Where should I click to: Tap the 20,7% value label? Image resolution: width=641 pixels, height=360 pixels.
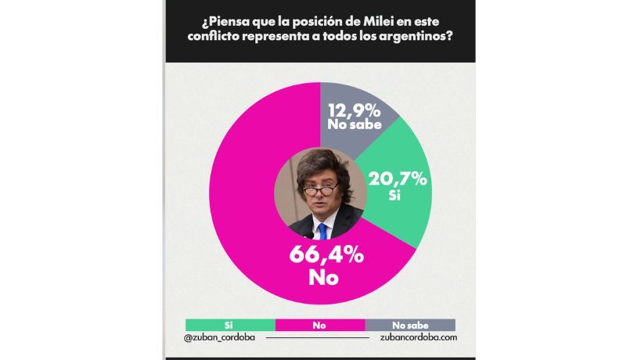point(400,179)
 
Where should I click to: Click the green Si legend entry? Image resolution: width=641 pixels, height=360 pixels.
point(230,324)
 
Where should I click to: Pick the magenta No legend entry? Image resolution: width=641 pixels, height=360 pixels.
point(319,324)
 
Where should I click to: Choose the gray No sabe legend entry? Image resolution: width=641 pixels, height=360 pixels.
point(410,324)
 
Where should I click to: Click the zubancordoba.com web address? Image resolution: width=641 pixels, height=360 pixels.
point(412,338)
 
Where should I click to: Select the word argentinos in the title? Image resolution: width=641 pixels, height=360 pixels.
point(412,36)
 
